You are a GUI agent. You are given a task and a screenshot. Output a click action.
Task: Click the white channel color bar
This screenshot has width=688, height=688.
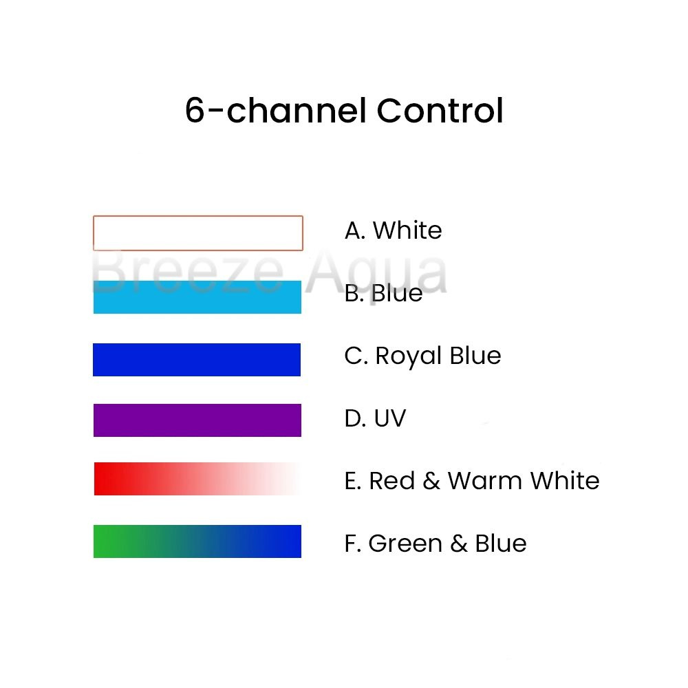[198, 233]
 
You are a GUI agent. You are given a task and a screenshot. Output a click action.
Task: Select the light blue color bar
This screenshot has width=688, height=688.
[197, 297]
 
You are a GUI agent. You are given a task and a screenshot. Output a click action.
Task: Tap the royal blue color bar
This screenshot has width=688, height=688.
[197, 360]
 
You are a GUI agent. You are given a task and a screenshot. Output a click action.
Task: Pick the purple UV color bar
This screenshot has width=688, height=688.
[197, 420]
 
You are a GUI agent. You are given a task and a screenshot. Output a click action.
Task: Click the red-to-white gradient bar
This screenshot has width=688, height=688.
[197, 479]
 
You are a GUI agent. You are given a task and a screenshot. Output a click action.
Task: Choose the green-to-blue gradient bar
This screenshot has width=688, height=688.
[197, 541]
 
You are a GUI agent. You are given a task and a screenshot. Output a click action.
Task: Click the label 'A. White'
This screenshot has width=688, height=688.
[393, 230]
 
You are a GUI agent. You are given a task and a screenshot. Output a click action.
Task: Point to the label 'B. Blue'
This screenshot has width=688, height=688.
[383, 293]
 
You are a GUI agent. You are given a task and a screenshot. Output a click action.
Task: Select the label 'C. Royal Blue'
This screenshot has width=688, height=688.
[422, 356]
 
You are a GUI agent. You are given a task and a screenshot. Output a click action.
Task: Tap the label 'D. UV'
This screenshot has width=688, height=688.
[375, 418]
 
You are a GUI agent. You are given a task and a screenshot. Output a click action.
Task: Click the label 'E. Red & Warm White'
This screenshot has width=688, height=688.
[472, 480]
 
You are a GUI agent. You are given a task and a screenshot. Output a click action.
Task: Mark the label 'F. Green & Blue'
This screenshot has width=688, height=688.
[436, 544]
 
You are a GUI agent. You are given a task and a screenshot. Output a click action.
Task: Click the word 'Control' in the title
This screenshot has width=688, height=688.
[440, 110]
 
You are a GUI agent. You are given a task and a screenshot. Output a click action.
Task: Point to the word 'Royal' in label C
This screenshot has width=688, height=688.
[409, 356]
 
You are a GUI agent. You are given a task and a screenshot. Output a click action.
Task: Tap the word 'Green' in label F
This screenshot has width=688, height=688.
[405, 544]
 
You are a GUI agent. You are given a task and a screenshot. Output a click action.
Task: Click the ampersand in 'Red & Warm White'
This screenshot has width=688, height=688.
[431, 480]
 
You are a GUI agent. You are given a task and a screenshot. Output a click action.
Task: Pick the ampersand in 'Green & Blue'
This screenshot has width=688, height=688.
[458, 544]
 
